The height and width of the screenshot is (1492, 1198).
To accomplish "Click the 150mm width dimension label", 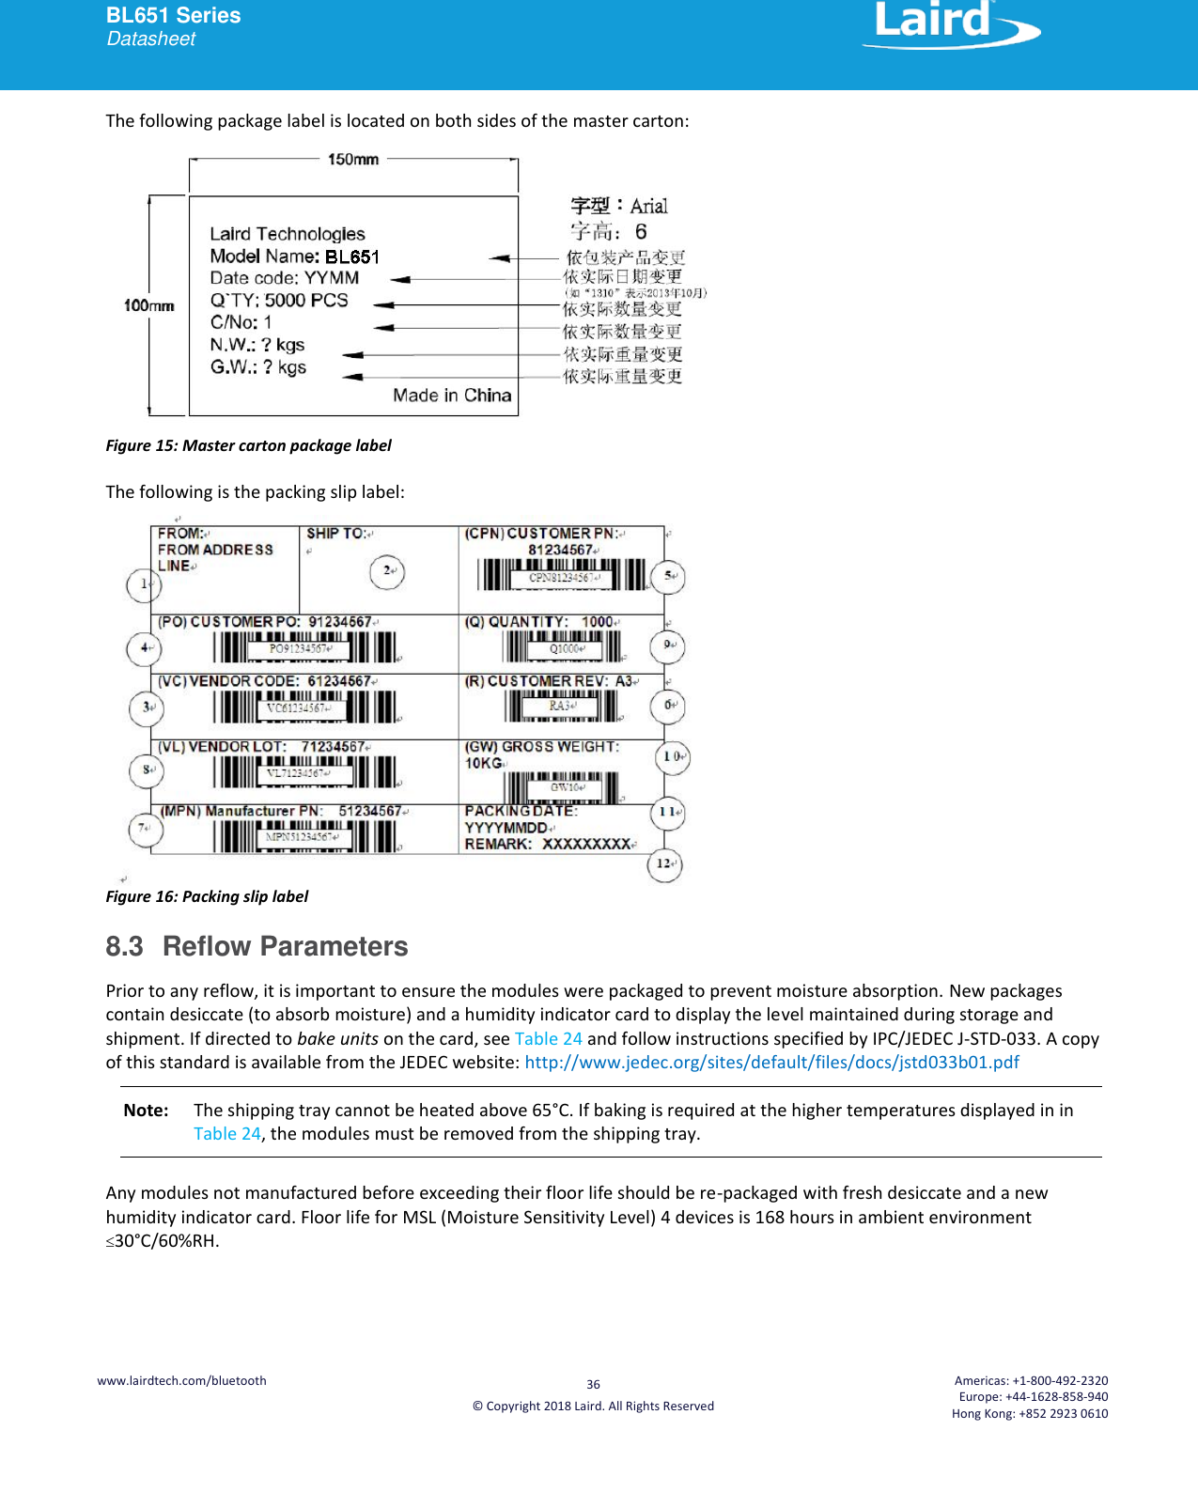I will (x=353, y=160).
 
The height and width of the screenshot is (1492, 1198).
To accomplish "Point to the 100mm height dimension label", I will (x=148, y=305).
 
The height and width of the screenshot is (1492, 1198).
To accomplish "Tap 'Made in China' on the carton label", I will (x=452, y=396).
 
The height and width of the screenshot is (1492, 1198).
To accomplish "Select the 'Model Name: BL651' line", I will (x=294, y=256).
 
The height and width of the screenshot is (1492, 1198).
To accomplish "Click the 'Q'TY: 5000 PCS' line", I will (x=279, y=301).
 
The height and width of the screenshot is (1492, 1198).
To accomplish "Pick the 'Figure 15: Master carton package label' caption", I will (x=248, y=445).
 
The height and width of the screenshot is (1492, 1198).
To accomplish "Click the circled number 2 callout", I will (x=387, y=570).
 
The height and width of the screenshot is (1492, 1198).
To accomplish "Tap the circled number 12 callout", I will (x=664, y=864).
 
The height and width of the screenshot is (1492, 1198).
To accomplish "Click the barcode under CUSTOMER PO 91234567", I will (x=304, y=647).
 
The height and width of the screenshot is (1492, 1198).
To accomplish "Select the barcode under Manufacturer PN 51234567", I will (x=304, y=836).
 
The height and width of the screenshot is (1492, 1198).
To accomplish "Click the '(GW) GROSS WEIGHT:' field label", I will (x=541, y=747).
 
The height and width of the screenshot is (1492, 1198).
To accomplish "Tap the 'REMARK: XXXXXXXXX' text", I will (x=549, y=844).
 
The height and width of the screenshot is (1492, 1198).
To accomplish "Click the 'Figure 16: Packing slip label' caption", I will (x=207, y=896).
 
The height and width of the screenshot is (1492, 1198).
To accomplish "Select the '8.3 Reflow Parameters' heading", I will (x=257, y=946).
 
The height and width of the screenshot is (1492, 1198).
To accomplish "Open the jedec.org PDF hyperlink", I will (x=771, y=1063).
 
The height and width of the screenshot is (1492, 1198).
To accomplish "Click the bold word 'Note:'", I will (x=146, y=1111).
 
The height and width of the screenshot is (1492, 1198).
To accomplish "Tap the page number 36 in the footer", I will (x=593, y=1384).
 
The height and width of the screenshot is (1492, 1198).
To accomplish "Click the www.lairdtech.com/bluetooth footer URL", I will (x=181, y=1380).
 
